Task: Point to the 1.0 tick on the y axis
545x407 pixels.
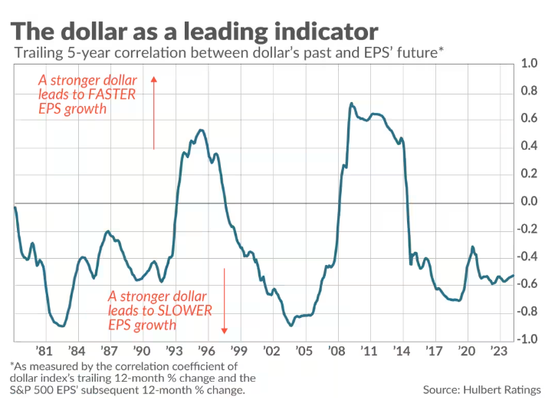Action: (x=529, y=64)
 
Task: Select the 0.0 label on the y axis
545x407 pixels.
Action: (x=529, y=202)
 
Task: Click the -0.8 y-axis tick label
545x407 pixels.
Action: (x=527, y=312)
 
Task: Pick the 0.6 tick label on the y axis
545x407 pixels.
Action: (x=529, y=119)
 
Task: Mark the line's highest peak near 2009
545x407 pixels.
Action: (x=351, y=103)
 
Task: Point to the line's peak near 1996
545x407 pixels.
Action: (x=200, y=130)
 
